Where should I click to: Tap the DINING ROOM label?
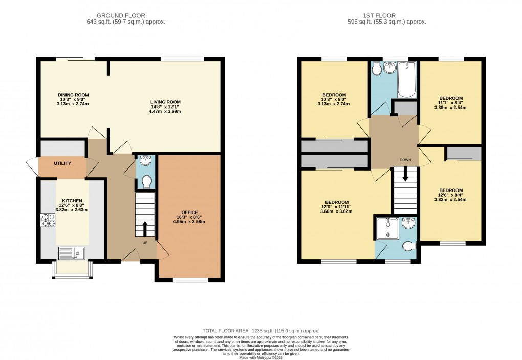point(73,95)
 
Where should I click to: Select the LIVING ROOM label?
point(165,102)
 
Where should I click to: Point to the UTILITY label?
point(62,163)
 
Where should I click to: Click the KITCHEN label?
point(72,201)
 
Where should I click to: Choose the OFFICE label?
point(190,213)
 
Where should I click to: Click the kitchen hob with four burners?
point(48,220)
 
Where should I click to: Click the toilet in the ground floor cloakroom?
point(146,182)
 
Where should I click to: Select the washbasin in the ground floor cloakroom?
point(146,161)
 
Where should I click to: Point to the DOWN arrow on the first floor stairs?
point(405,175)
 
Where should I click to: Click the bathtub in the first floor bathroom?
point(407,80)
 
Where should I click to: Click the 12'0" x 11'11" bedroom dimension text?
point(336,206)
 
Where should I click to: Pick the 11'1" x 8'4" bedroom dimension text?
point(451,103)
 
